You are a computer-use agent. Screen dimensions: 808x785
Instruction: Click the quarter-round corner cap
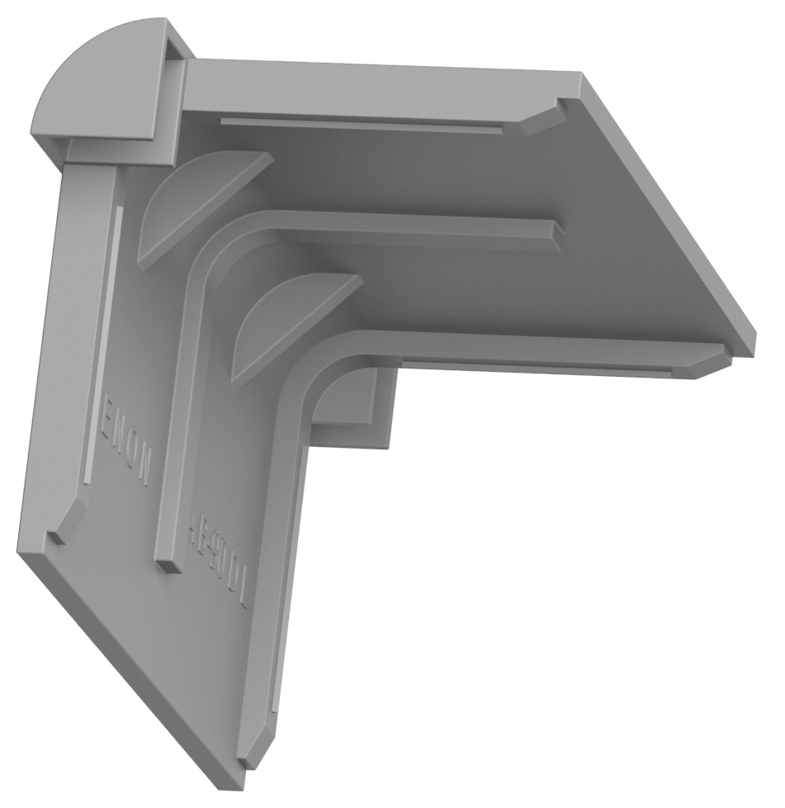(95, 83)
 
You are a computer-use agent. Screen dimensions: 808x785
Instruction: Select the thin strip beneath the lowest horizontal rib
(537, 368)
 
